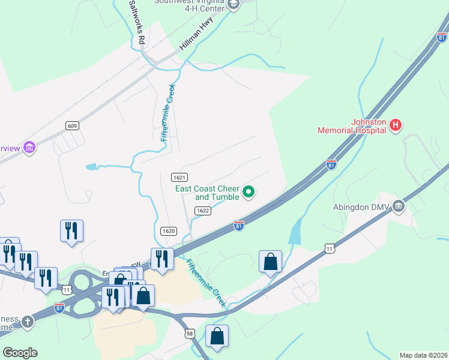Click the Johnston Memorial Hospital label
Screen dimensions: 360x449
pos(352,125)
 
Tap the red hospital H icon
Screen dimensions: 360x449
pos(396,125)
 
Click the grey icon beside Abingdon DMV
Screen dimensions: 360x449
pos(399,207)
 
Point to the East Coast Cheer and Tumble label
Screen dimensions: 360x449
pos(207,193)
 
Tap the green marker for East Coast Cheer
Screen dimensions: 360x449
pos(249,193)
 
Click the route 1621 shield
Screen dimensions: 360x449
pos(179,177)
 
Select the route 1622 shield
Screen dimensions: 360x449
pos(202,211)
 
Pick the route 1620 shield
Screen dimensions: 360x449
pos(169,231)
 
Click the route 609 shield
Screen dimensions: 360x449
pos(73,125)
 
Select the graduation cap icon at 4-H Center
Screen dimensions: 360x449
pos(234,5)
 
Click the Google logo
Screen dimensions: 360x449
pos(20,353)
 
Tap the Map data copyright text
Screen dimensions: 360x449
pos(423,355)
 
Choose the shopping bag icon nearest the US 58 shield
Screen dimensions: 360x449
pos(217,337)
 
